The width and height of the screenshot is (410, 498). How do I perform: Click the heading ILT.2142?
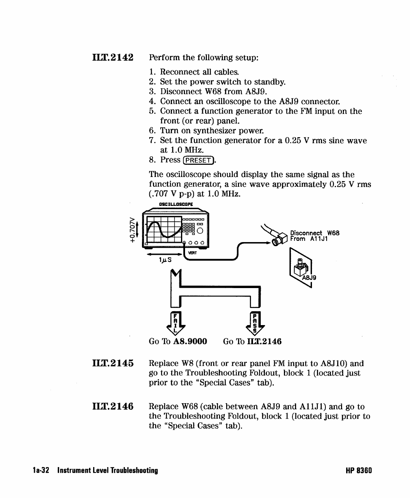[x=112, y=57]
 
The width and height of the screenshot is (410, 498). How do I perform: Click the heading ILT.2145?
[x=112, y=363]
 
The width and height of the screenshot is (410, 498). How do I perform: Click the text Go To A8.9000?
[x=178, y=341]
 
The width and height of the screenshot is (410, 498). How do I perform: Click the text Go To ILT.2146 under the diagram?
[x=252, y=341]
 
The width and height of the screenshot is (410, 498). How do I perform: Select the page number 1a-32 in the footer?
[x=41, y=471]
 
